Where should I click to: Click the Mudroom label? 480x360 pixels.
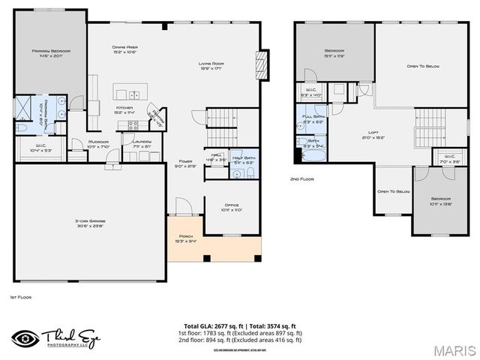tap(99, 143)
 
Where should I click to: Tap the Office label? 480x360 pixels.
tap(232, 207)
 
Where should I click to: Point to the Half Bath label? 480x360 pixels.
tap(244, 160)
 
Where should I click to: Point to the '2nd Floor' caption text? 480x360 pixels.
tap(301, 179)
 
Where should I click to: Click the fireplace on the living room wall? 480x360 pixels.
tap(262, 61)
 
